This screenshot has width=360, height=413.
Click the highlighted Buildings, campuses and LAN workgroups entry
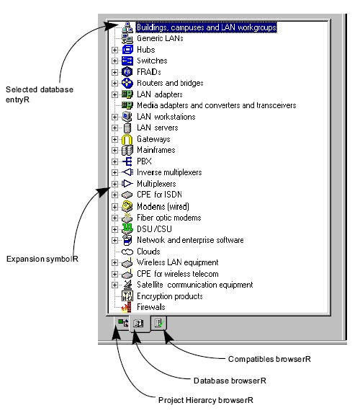(x=207, y=27)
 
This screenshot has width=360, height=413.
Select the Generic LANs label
(x=160, y=38)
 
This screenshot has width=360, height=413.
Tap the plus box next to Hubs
(x=114, y=50)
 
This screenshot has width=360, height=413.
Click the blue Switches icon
(x=127, y=61)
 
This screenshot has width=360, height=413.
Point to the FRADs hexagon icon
(x=127, y=72)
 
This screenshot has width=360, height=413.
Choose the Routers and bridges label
(x=170, y=83)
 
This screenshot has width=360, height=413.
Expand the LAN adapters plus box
(x=114, y=94)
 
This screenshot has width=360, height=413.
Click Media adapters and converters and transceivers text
(x=216, y=105)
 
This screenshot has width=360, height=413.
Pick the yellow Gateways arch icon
(x=127, y=139)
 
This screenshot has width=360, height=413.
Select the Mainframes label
(x=156, y=150)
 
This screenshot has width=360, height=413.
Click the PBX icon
(x=127, y=161)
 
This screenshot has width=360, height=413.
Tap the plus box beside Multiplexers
(x=114, y=184)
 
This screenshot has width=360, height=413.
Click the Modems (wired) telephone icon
(x=127, y=206)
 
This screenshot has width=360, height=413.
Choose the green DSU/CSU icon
(x=127, y=228)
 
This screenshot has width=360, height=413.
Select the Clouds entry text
(x=148, y=252)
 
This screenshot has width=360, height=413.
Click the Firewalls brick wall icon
(x=127, y=307)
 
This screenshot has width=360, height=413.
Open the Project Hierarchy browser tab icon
(x=123, y=323)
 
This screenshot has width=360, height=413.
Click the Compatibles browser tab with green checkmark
(x=159, y=323)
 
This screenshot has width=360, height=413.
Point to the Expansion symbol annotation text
(x=42, y=259)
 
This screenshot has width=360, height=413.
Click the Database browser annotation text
(x=230, y=381)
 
